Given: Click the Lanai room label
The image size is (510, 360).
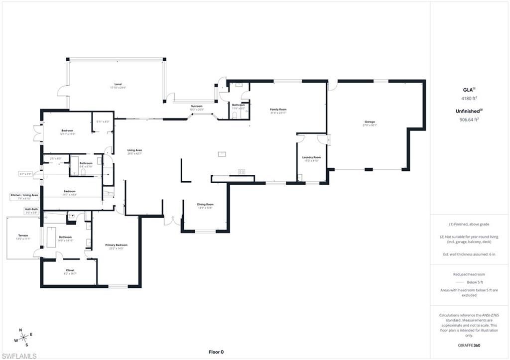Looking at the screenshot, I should pyautogui.click(x=118, y=85).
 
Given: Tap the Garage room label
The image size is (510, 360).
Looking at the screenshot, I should pyautogui.click(x=369, y=122).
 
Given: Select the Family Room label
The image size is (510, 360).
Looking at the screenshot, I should pyautogui.click(x=278, y=110).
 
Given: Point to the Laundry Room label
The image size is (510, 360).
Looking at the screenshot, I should pyautogui.click(x=311, y=157).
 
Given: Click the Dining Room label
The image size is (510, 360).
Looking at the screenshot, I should pyautogui.click(x=205, y=204).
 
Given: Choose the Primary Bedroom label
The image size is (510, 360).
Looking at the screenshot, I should pyautogui.click(x=116, y=245).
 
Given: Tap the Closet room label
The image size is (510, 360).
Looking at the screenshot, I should pyautogui.click(x=70, y=270).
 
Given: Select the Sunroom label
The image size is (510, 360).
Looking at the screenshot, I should pyautogui.click(x=196, y=106).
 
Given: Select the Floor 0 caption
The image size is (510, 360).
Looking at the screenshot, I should pyautogui.click(x=216, y=352).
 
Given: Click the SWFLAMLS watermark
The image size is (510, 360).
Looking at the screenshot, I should pyautogui.click(x=19, y=356).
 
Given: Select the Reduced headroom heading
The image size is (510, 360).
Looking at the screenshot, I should pyautogui.click(x=469, y=274).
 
